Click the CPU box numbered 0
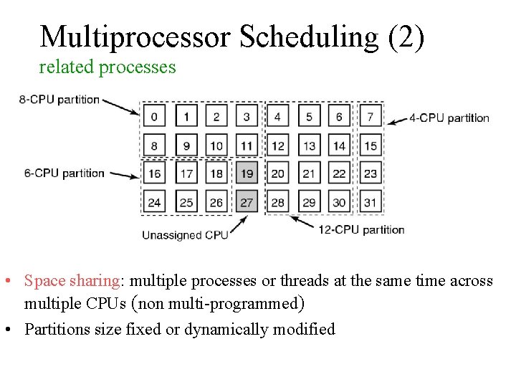click(x=154, y=116)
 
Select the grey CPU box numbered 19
click(x=247, y=173)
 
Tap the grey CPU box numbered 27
click(x=247, y=202)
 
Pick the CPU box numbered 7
click(x=370, y=116)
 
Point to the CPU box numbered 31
click(x=370, y=202)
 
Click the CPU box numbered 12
click(x=278, y=146)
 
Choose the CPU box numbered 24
click(x=154, y=202)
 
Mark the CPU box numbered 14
click(x=339, y=146)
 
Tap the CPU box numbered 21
click(x=309, y=173)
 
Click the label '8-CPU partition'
click(x=59, y=99)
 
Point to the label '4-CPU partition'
click(x=449, y=118)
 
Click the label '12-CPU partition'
click(x=363, y=230)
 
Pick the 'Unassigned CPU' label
click(x=185, y=235)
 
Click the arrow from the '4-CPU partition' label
click(x=397, y=120)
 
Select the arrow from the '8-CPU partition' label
click(x=121, y=105)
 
